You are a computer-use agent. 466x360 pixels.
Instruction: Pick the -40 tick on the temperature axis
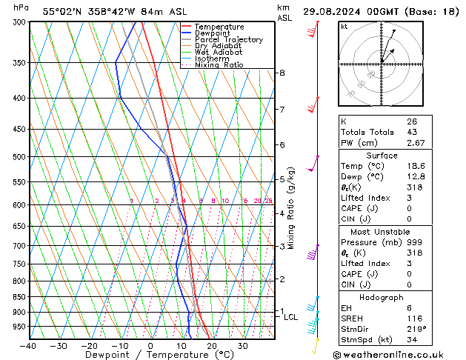pos(28,346)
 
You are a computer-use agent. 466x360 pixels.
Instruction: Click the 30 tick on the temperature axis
pos(242,346)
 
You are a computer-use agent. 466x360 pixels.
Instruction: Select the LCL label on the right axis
pos(291,317)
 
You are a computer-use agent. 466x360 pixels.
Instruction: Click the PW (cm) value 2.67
pos(415,143)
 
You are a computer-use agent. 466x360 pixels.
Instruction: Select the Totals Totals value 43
pos(412,132)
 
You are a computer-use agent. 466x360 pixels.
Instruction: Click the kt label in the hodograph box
pos(344,26)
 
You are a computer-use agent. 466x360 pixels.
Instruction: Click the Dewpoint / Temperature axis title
pos(151,356)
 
